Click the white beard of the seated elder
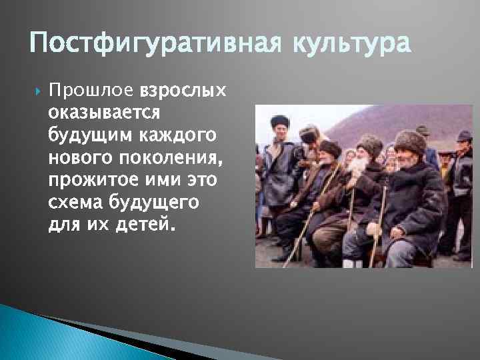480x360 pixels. (x=363, y=167)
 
